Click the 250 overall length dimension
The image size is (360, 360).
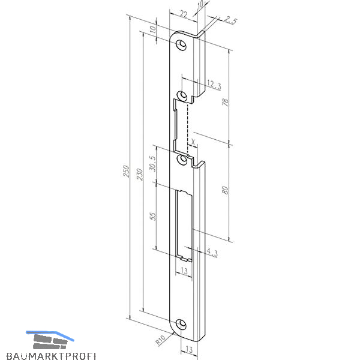tap(127, 171)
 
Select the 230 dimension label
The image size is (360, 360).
tap(140, 174)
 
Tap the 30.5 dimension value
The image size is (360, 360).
tap(153, 164)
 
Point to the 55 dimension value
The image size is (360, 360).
tap(153, 216)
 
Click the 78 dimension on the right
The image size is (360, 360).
tap(226, 102)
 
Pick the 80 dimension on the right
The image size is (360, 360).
tap(226, 190)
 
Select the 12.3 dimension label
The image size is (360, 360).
tap(214, 85)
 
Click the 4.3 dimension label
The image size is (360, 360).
tap(212, 253)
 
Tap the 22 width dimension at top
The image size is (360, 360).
tap(184, 14)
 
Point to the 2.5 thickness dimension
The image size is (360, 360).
tap(230, 20)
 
